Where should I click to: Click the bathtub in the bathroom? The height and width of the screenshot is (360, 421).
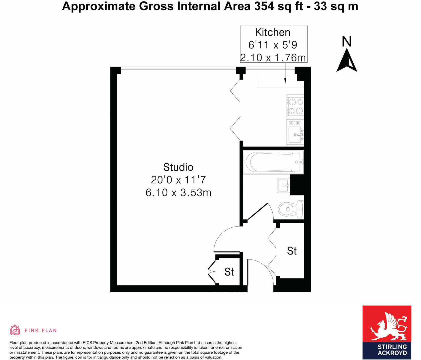[274, 162]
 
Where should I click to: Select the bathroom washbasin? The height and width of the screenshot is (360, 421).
[284, 186]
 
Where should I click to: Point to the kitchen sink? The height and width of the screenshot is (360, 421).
[295, 134]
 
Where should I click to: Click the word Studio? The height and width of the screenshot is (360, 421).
[178, 167]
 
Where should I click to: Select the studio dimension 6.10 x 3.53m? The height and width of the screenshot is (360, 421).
[178, 193]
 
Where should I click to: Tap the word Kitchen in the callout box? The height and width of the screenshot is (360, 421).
[273, 32]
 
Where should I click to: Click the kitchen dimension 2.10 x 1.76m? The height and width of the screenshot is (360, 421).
[273, 58]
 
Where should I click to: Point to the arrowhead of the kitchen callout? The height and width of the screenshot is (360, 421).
[285, 82]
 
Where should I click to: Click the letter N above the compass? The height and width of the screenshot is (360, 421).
[347, 41]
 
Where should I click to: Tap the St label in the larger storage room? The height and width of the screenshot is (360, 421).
[292, 251]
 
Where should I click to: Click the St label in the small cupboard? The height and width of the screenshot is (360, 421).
[229, 272]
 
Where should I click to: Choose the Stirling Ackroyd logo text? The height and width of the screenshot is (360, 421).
[392, 350]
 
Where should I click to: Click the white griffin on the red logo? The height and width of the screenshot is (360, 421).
[388, 326]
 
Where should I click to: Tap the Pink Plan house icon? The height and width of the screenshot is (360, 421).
[15, 330]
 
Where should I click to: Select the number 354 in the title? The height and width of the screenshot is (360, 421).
[264, 6]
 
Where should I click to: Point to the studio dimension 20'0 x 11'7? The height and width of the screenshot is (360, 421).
[178, 180]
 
